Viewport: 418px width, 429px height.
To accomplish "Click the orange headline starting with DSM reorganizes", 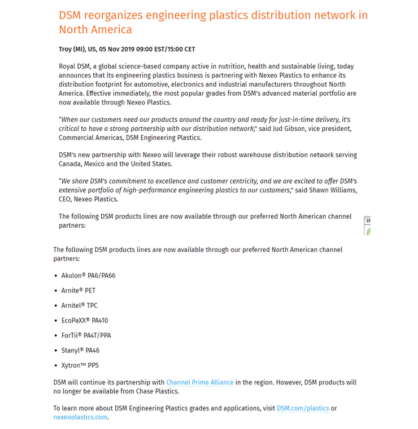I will pyautogui.click(x=213, y=22).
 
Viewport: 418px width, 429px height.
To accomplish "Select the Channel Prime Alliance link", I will pyautogui.click(x=200, y=382).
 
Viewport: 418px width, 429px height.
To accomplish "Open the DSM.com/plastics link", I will pyautogui.click(x=303, y=408).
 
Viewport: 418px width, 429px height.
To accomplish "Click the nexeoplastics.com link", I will pyautogui.click(x=80, y=417).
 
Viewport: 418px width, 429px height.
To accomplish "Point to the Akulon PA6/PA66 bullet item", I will pyautogui.click(x=88, y=276).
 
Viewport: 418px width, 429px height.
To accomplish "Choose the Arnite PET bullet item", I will pyautogui.click(x=79, y=291).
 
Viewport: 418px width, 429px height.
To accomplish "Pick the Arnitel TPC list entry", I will pyautogui.click(x=80, y=306).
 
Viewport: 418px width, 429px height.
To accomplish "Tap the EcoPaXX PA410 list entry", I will pyautogui.click(x=85, y=320).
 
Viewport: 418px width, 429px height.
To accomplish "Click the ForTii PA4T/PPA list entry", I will pyautogui.click(x=86, y=335).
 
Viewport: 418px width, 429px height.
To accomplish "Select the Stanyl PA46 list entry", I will pyautogui.click(x=80, y=350).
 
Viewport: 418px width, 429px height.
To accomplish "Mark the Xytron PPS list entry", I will pyautogui.click(x=80, y=365).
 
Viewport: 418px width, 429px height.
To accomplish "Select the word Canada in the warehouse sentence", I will pyautogui.click(x=71, y=164).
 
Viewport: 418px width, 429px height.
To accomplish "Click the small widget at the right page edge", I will pyautogui.click(x=367, y=225).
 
